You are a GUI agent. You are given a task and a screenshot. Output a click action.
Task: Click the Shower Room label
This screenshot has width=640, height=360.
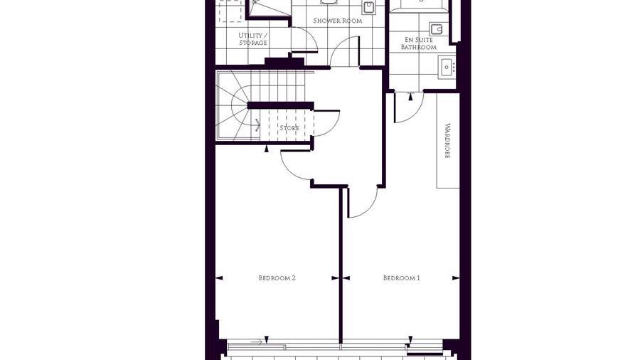pos(338,21)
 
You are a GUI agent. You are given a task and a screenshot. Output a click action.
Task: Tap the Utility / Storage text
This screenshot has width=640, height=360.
pos(253,39)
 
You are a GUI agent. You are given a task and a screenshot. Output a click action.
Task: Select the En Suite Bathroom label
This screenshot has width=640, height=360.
pos(418,43)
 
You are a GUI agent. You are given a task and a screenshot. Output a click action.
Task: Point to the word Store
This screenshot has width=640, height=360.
pos(289,128)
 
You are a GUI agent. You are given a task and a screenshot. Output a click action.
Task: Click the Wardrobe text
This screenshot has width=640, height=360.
pos(447,141)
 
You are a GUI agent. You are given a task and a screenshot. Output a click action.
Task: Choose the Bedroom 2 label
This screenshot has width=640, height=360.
pos(277,278)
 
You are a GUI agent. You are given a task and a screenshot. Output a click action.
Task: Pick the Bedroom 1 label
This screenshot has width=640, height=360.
pos(402,278)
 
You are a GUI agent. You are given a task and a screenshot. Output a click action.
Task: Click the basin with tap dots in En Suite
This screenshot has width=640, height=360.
pos(447,67)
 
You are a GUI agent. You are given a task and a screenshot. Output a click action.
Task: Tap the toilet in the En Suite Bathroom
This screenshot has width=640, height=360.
pos(437,29)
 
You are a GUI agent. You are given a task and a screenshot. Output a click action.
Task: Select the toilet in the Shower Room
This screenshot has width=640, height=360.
pos(369,7)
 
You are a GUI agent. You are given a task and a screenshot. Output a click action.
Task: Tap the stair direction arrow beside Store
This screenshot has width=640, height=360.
pos(257,125)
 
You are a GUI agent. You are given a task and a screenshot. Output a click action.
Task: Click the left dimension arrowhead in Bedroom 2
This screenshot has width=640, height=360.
pos(219,278)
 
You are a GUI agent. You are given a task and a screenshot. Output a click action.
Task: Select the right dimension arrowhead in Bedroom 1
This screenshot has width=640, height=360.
pos(456,278)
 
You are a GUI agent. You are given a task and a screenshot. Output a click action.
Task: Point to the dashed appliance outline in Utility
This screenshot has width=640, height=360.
pos(230,11)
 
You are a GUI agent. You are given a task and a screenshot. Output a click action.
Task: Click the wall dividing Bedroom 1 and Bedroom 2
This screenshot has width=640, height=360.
pos(340,265)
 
